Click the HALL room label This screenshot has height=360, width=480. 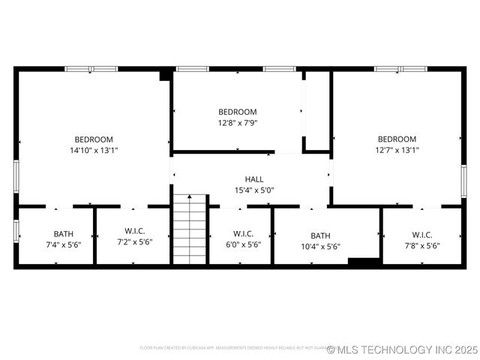click(x=254, y=179)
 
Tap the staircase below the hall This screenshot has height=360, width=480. click(x=190, y=229)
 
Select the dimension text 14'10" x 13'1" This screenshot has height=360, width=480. click(x=94, y=150)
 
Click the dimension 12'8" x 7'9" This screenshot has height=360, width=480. click(x=237, y=123)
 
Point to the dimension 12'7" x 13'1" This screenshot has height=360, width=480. click(x=397, y=150)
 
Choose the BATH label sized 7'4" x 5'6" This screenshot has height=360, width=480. click(x=63, y=234)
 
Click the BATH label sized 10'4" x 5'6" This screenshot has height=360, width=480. click(x=320, y=235)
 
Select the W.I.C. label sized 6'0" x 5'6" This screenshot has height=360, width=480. click(x=243, y=234)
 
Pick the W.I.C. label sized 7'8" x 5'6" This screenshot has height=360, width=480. click(x=421, y=234)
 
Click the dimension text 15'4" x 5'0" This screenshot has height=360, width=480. click(x=254, y=190)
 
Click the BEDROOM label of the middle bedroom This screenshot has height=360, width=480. click(x=237, y=112)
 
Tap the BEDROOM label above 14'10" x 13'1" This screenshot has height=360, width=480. click(x=94, y=139)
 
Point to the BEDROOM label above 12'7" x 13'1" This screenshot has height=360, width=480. click(x=397, y=139)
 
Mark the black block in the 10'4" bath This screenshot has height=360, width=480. click(x=364, y=261)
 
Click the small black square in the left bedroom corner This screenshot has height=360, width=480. click(x=165, y=74)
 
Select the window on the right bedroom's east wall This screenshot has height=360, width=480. click(x=463, y=181)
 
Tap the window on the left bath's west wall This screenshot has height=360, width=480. click(x=16, y=231)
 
